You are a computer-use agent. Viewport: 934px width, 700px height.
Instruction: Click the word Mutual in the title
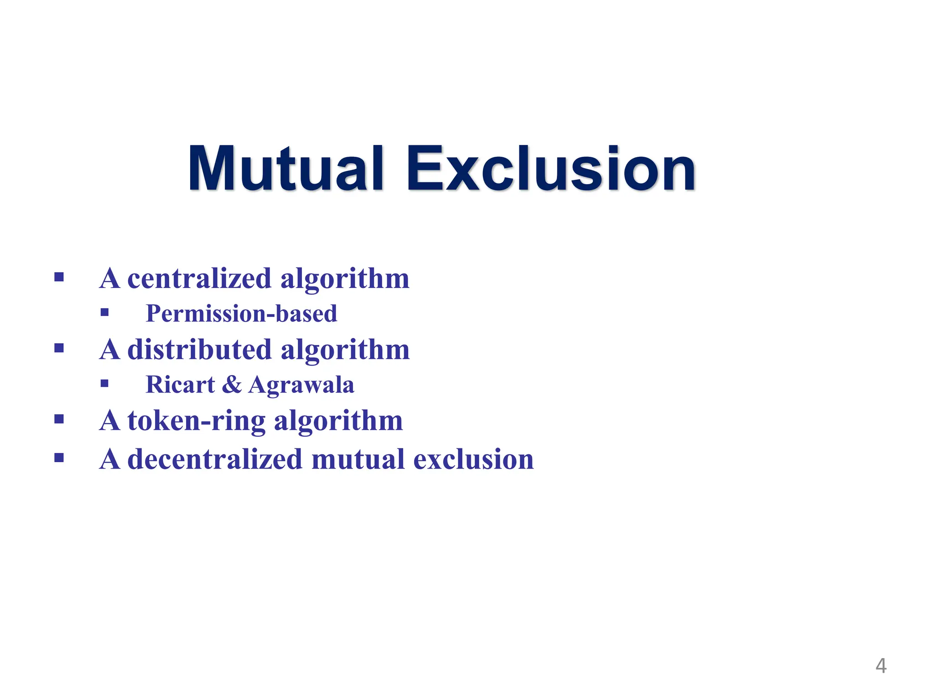285,169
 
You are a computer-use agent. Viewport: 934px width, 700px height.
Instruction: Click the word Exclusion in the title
551,169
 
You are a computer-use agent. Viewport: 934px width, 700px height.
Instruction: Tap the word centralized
199,278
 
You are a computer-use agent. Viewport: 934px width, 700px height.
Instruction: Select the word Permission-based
241,314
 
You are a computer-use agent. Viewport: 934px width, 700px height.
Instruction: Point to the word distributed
199,350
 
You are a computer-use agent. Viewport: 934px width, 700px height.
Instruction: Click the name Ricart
180,384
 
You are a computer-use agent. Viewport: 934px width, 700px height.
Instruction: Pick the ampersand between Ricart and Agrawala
232,384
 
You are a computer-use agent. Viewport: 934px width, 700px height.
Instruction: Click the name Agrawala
301,385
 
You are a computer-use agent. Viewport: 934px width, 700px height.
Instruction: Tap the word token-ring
196,421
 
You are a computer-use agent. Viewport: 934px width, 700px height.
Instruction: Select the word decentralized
215,459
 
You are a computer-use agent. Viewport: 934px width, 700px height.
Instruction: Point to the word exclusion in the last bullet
473,459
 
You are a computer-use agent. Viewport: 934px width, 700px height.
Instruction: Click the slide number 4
881,666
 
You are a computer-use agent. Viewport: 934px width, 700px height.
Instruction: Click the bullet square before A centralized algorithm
59,277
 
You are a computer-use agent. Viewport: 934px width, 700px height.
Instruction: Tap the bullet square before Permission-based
105,312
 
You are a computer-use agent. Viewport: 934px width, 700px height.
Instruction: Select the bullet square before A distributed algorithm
59,348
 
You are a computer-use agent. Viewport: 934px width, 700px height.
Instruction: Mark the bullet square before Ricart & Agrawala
105,383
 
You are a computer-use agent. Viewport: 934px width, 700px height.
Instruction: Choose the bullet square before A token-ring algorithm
59,419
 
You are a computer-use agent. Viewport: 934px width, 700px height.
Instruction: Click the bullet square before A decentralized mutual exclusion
59,457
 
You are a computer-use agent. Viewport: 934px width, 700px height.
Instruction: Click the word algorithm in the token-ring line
338,421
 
